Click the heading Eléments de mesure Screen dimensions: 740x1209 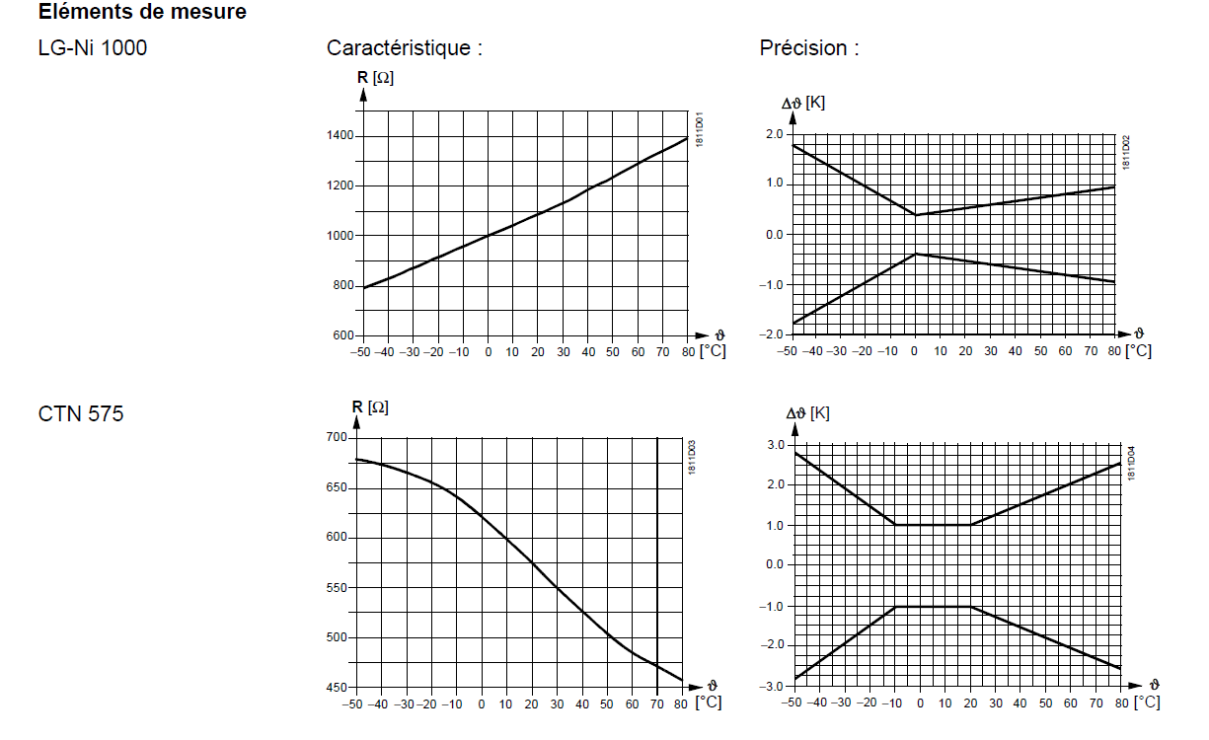142,13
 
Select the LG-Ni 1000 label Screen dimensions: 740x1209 93,47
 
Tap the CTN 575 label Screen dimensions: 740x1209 81,414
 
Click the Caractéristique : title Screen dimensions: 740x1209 405,47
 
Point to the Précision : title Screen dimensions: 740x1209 809,47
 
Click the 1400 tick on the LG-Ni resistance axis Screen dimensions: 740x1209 341,136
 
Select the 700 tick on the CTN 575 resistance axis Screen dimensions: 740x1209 337,437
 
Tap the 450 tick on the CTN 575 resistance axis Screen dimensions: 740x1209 337,688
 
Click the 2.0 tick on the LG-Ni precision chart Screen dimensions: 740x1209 773,134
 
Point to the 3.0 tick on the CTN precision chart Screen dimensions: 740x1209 774,445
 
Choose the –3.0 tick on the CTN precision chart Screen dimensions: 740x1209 771,686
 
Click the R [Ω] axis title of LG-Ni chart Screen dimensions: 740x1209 375,78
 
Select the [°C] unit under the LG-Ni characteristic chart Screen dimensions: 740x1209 712,351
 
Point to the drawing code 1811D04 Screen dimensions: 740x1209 1132,464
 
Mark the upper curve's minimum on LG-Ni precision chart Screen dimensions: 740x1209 916,215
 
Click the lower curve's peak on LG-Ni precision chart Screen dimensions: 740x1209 916,254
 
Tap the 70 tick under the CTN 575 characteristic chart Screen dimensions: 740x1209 657,703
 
